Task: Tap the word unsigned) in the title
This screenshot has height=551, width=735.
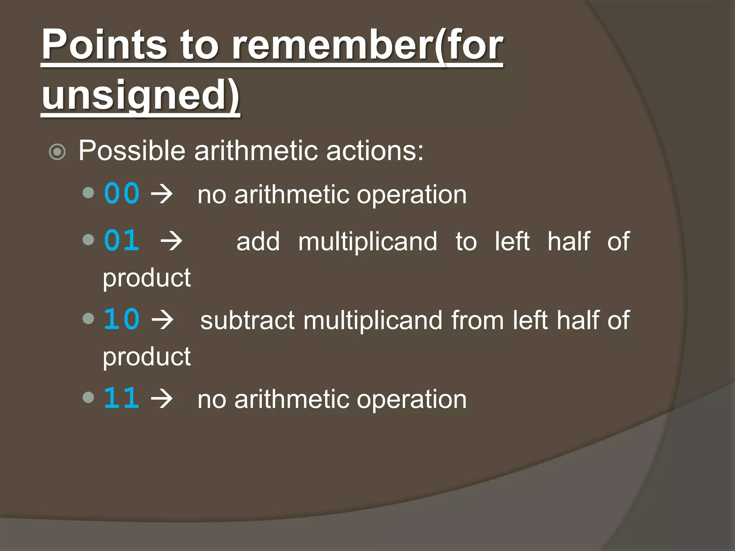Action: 140,95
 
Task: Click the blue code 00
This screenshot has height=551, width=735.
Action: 122,194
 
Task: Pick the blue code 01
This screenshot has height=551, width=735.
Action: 122,240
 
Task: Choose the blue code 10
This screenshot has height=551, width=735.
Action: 122,319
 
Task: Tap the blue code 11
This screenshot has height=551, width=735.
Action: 122,398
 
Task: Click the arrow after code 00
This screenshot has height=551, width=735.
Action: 162,194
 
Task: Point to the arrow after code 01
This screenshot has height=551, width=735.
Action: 172,241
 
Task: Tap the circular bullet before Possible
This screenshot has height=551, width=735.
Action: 57,152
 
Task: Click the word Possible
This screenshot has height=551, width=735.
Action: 132,151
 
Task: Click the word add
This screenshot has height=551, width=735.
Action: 258,241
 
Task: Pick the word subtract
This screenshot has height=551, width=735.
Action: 247,320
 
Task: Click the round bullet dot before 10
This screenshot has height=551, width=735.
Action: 88,318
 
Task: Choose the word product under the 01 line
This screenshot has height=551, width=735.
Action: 147,278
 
